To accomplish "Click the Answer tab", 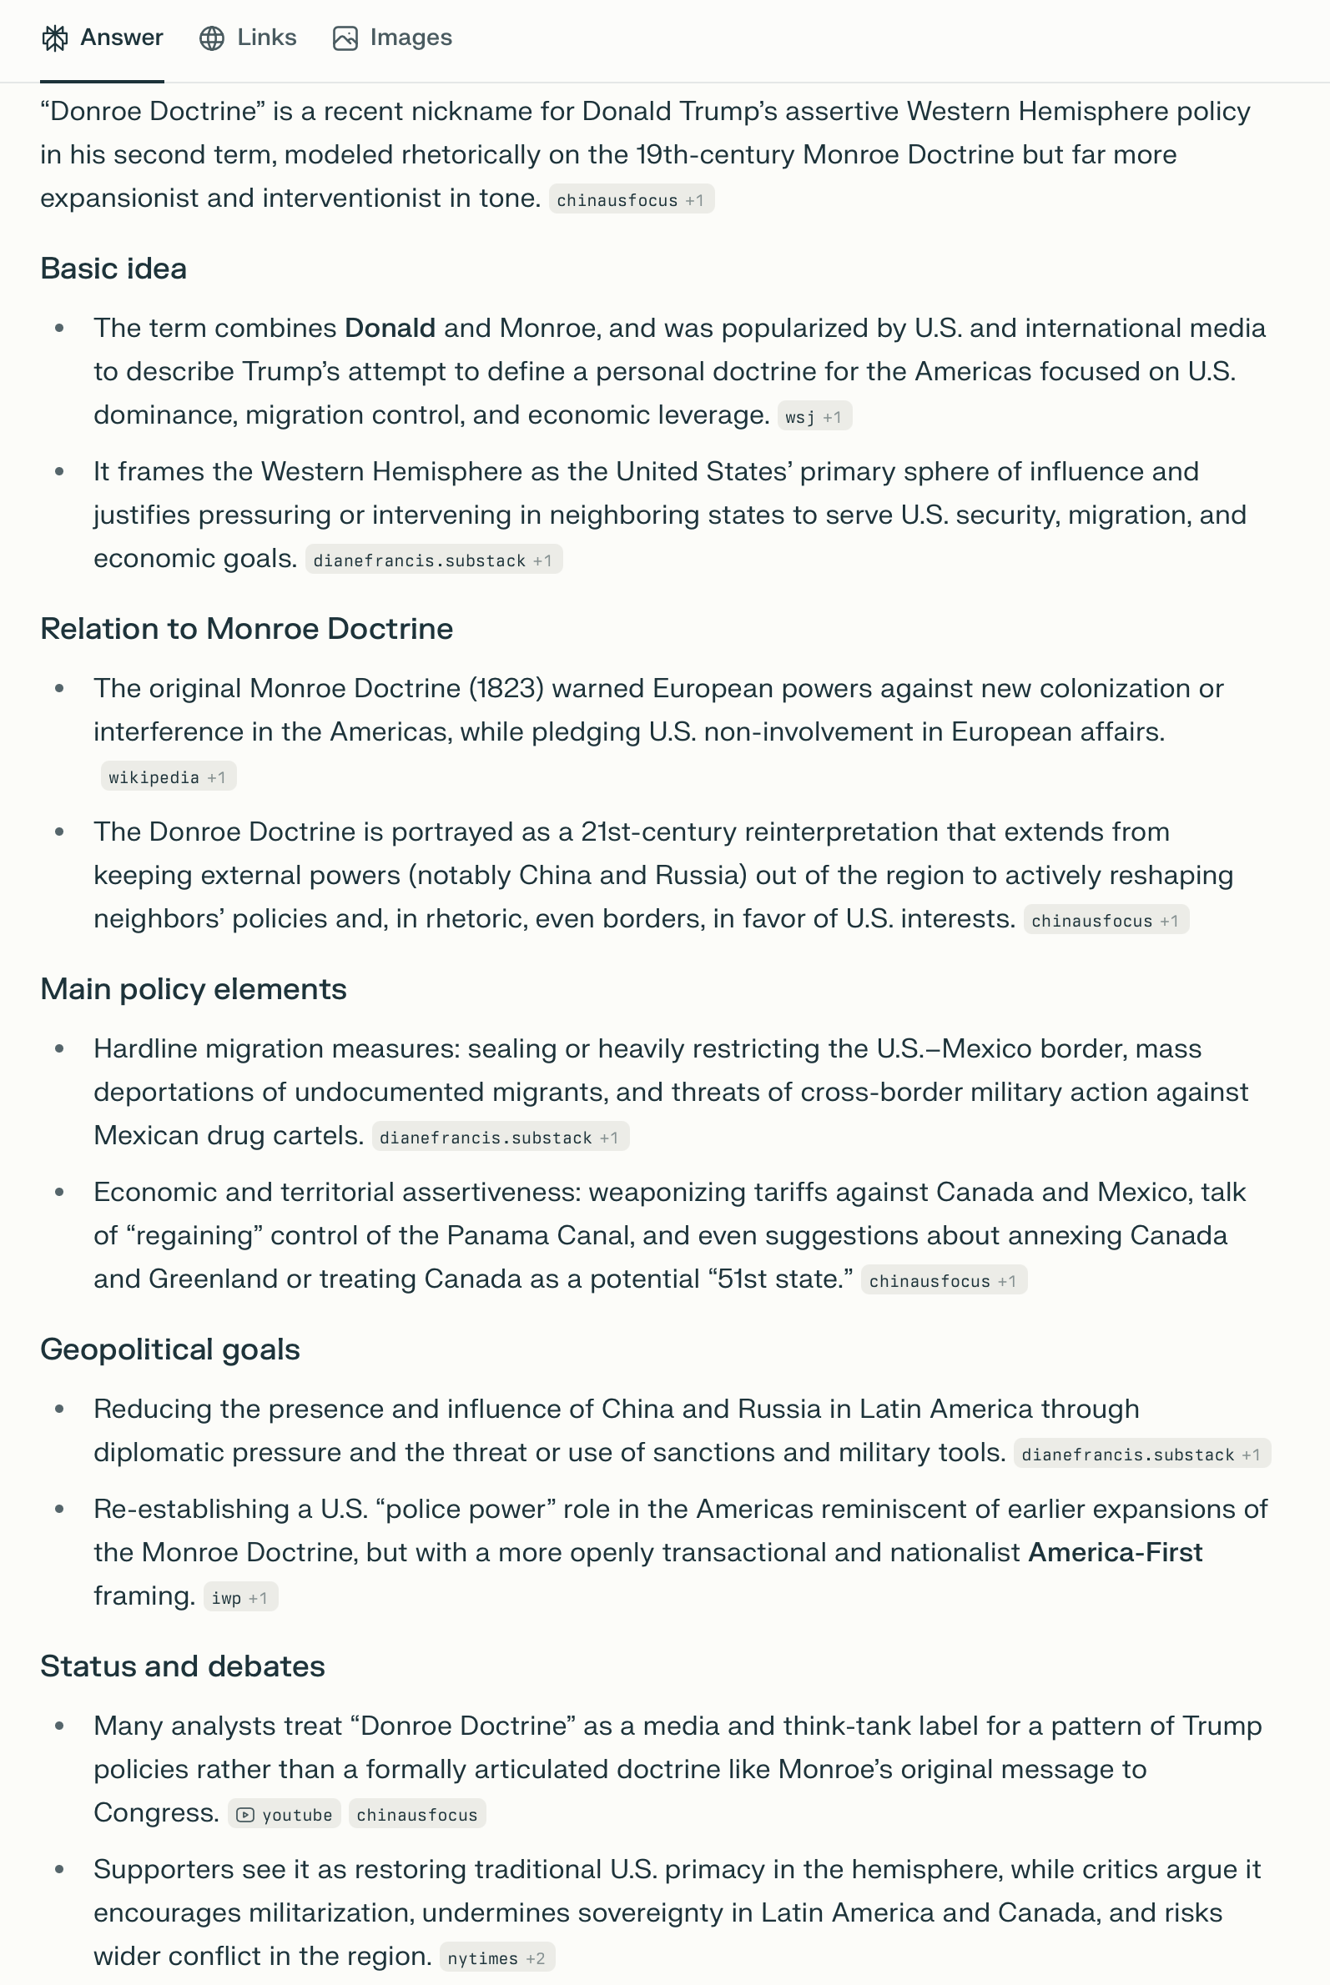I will pyautogui.click(x=103, y=38).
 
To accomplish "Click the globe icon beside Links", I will pyautogui.click(x=212, y=38).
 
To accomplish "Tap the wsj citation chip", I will pyautogui.click(x=814, y=416).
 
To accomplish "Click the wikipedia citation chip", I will pyautogui.click(x=167, y=776).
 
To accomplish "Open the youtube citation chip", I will pyautogui.click(x=285, y=1814).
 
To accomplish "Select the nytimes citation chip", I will pyautogui.click(x=496, y=1957).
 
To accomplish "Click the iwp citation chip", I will pyautogui.click(x=240, y=1597).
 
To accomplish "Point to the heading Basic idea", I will pyautogui.click(x=113, y=269).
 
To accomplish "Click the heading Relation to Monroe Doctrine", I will pyautogui.click(x=246, y=629).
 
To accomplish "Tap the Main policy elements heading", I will pyautogui.click(x=194, y=989).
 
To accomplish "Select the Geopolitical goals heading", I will pyautogui.click(x=169, y=1350).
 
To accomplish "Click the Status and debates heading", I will pyautogui.click(x=183, y=1667).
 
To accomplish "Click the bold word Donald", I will pyautogui.click(x=390, y=328).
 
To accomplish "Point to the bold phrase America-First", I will pyautogui.click(x=1115, y=1553).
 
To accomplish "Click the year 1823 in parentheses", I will pyautogui.click(x=506, y=689).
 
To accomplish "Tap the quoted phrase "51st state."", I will pyautogui.click(x=784, y=1279).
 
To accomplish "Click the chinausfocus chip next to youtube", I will pyautogui.click(x=416, y=1814).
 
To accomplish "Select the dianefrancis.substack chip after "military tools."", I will pyautogui.click(x=1141, y=1455).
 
